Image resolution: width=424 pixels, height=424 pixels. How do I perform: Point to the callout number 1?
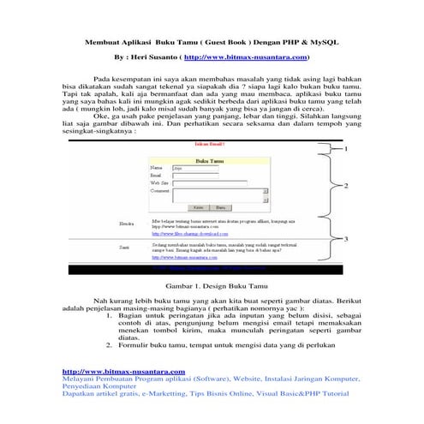[x=345, y=149]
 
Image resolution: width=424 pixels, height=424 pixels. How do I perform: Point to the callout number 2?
[x=345, y=186]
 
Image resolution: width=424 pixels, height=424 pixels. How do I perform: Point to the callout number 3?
[x=345, y=241]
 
